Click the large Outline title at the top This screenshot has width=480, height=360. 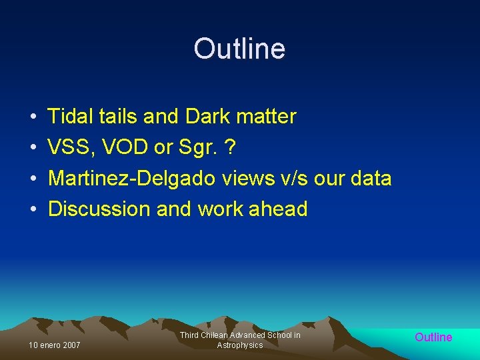click(239, 49)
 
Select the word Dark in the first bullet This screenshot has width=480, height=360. click(206, 117)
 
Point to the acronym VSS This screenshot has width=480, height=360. click(69, 147)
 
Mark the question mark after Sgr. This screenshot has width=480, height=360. click(230, 147)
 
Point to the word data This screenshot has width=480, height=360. click(370, 179)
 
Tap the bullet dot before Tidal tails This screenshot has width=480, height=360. click(33, 117)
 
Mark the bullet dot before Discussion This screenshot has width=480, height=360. click(33, 210)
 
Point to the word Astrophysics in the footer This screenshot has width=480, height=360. click(240, 345)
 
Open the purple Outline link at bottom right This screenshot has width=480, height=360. click(433, 337)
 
